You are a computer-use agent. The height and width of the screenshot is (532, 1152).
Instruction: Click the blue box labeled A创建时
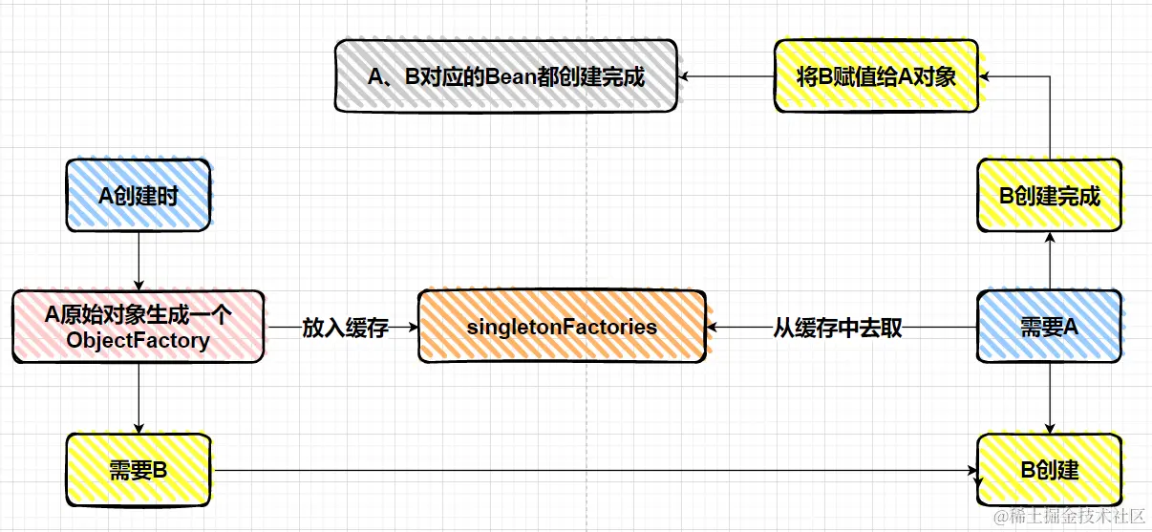(x=139, y=196)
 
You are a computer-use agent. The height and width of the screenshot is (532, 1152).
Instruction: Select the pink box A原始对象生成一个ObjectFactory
(x=139, y=327)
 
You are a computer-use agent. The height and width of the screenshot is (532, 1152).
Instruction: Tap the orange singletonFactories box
(x=563, y=327)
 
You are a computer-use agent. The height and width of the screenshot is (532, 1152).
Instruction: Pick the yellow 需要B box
(x=139, y=470)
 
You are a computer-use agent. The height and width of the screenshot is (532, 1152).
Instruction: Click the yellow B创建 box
(x=1051, y=470)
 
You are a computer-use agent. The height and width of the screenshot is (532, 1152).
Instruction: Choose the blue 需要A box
(x=1049, y=327)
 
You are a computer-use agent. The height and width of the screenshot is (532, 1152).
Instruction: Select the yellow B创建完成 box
(x=1049, y=196)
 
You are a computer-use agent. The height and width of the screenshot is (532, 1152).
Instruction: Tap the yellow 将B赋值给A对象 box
(x=876, y=76)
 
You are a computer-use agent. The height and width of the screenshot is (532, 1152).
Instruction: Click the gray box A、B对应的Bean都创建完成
(x=506, y=76)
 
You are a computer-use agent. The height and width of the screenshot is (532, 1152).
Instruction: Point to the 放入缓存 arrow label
(x=345, y=328)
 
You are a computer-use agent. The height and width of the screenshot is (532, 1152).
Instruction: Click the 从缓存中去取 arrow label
(x=838, y=328)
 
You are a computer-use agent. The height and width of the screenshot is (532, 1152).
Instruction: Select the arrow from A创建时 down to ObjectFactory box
(x=139, y=260)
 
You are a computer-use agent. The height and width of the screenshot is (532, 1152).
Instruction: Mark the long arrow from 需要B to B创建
(x=592, y=470)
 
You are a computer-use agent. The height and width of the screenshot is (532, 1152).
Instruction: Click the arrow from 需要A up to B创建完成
(x=1050, y=263)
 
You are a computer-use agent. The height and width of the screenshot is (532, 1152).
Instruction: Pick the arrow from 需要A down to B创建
(x=1050, y=397)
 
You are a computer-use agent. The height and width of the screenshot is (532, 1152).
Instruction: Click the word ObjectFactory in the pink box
(x=139, y=340)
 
